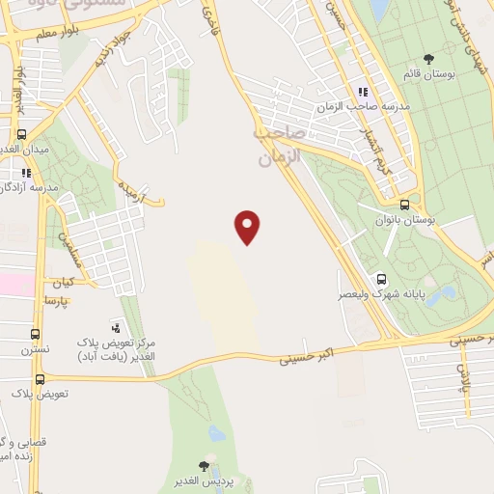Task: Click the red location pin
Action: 248,226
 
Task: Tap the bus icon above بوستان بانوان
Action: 404,205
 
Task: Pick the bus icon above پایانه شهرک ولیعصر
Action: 383,275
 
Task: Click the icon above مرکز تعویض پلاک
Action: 117,328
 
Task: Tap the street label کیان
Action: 63,283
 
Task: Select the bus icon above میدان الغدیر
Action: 21,135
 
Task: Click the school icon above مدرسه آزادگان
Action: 27,172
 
